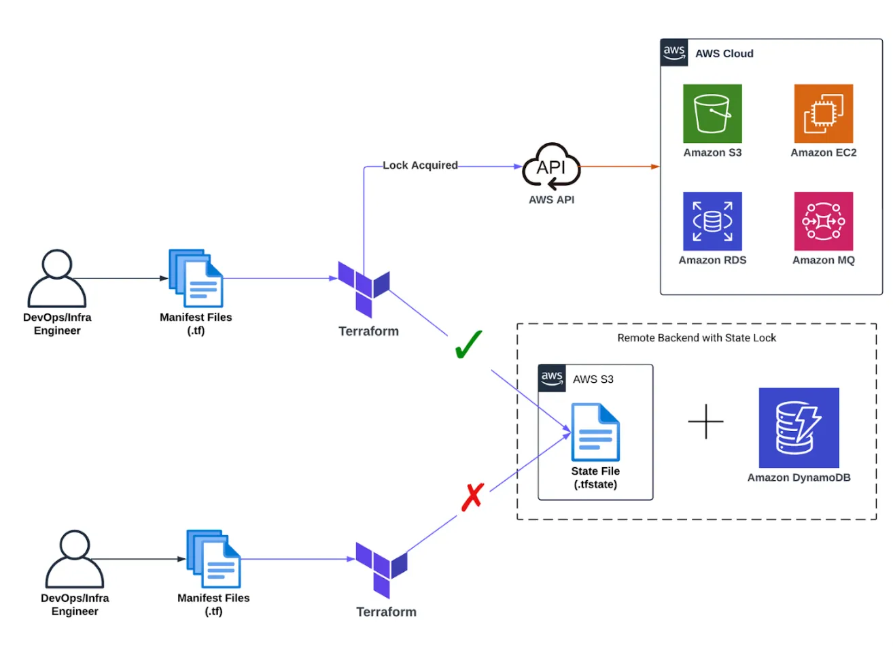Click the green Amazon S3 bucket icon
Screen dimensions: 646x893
[712, 114]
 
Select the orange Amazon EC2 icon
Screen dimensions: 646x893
[823, 114]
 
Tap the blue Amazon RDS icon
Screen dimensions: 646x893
[712, 221]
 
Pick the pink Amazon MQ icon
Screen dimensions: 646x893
[823, 221]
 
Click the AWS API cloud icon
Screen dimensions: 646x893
[551, 167]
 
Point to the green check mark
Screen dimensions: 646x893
[468, 344]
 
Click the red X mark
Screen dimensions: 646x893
[472, 496]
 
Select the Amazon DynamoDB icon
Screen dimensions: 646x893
[799, 428]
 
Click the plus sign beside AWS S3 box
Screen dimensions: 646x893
[705, 422]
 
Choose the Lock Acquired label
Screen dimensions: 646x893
[420, 165]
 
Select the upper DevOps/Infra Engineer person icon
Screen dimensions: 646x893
[57, 278]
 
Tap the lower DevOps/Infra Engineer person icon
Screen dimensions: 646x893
[75, 560]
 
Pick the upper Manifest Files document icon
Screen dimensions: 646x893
[196, 278]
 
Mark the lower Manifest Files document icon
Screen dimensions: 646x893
[214, 559]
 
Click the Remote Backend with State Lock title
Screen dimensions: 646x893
[697, 338]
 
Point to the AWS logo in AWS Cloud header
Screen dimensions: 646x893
[674, 53]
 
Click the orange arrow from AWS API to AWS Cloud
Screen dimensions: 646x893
[618, 166]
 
